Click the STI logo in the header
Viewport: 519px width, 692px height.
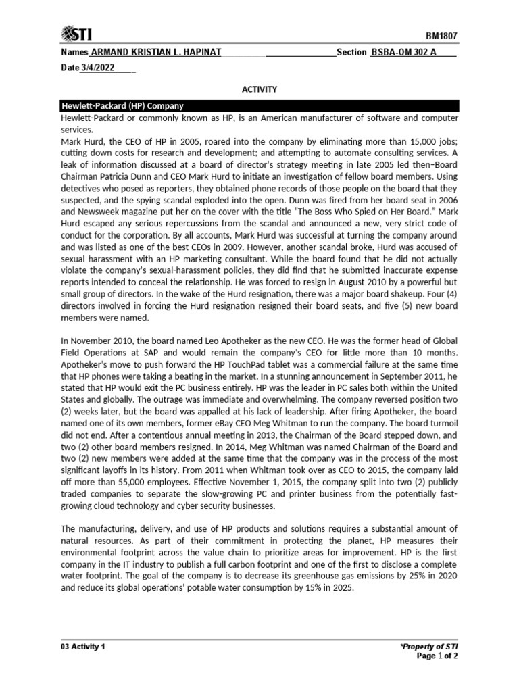76,34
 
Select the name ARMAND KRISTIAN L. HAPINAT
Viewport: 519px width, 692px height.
155,53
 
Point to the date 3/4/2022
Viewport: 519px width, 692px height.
98,68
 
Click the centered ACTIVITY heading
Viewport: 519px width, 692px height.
259,89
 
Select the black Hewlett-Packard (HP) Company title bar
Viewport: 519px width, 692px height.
259,106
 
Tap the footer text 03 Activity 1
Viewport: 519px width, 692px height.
82,647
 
